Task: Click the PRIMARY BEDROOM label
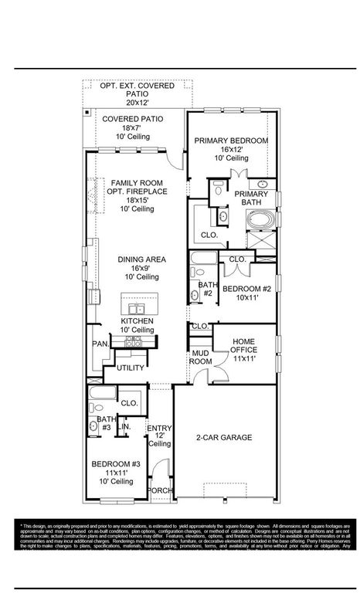click(x=231, y=141)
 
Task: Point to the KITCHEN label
click(x=137, y=320)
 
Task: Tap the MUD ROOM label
click(x=202, y=357)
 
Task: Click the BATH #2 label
click(x=205, y=289)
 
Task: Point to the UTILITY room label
click(x=131, y=368)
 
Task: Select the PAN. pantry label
click(x=99, y=344)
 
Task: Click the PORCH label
click(x=160, y=490)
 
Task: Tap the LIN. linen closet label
click(x=124, y=426)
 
